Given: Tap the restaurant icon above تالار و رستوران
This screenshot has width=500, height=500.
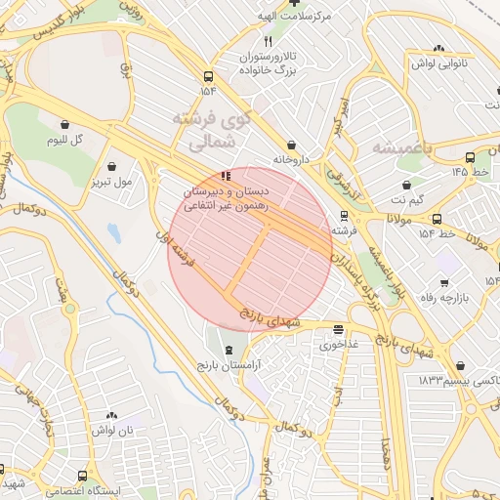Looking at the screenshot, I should [268, 42].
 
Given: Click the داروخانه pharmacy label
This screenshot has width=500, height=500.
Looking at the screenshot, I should [291, 157].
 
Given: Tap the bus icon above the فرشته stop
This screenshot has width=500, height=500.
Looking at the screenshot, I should [343, 216].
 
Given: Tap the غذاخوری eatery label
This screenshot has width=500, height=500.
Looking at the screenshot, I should [338, 344].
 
